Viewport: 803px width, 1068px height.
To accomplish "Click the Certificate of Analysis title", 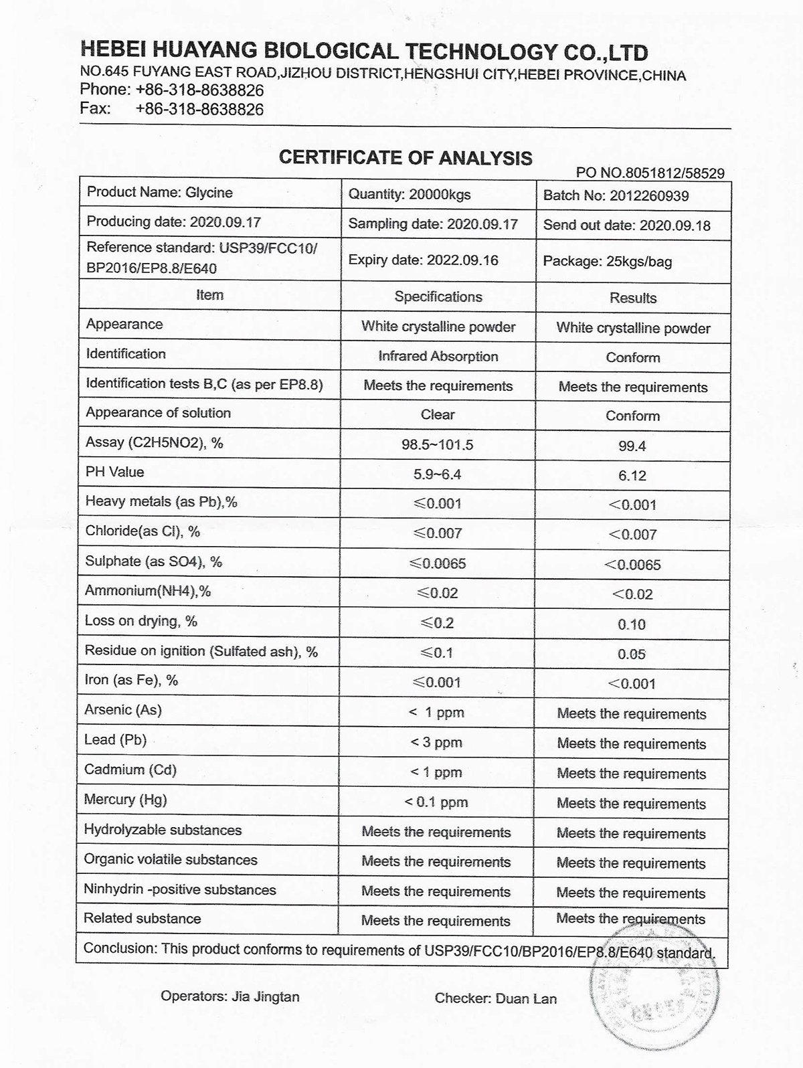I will [406, 158].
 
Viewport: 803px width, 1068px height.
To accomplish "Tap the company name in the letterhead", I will [363, 52].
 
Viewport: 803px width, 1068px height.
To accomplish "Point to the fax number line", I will [172, 109].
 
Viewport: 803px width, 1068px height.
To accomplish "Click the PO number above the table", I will [650, 173].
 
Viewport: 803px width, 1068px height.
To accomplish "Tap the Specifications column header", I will [438, 296].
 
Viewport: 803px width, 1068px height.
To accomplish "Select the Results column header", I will [632, 298].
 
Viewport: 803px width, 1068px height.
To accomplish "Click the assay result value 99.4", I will [632, 446].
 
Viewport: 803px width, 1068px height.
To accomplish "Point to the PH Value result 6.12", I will [632, 476].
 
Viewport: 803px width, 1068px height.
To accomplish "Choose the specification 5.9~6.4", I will [438, 474].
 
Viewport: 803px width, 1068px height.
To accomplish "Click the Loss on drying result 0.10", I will [632, 624].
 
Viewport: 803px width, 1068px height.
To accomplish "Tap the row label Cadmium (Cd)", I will [130, 770].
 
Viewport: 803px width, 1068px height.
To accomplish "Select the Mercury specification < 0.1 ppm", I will [436, 802].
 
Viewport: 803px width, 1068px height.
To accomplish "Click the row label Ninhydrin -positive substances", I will [179, 889].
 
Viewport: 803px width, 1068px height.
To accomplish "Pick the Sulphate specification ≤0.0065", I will [438, 563].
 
